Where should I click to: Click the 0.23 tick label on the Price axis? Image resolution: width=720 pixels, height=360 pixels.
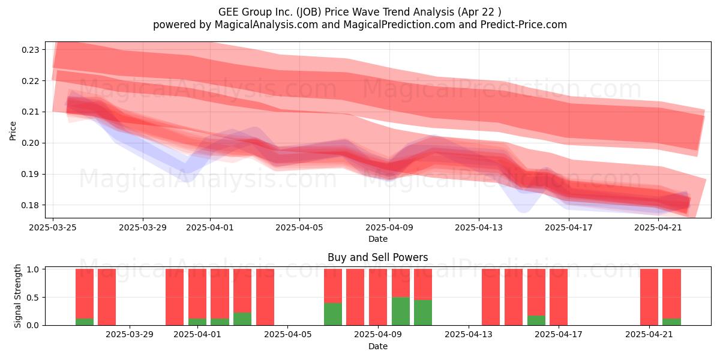30,50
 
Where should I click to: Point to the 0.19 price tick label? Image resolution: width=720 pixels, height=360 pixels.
30,174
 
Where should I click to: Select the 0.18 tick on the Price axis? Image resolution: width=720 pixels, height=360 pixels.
30,205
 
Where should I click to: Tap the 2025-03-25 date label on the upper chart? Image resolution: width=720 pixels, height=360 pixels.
53,227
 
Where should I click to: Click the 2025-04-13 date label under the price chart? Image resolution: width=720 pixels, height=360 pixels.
479,227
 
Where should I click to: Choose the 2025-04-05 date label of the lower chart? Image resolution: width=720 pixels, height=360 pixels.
287,335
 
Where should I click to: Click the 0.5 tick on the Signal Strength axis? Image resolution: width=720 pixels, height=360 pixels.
32,298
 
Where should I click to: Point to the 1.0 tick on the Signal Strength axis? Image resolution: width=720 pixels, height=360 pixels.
32,269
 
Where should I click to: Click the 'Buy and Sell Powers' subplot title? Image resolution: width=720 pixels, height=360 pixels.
377,257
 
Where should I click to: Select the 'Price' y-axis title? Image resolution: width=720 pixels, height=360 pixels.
13,131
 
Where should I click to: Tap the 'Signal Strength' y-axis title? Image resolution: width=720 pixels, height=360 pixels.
17,296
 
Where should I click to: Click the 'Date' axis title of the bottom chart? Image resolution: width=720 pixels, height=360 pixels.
378,346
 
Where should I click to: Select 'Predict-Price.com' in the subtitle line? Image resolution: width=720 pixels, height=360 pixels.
524,25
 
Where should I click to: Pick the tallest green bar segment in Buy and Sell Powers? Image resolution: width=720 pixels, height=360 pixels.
401,311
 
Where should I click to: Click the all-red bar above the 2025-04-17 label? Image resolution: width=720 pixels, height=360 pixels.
559,297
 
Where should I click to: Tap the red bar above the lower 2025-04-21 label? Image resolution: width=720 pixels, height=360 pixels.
649,297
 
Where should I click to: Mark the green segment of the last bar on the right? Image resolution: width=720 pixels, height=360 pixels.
672,322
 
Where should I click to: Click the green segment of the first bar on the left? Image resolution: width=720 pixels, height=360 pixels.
85,322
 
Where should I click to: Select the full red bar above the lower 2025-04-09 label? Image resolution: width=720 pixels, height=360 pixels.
378,297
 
